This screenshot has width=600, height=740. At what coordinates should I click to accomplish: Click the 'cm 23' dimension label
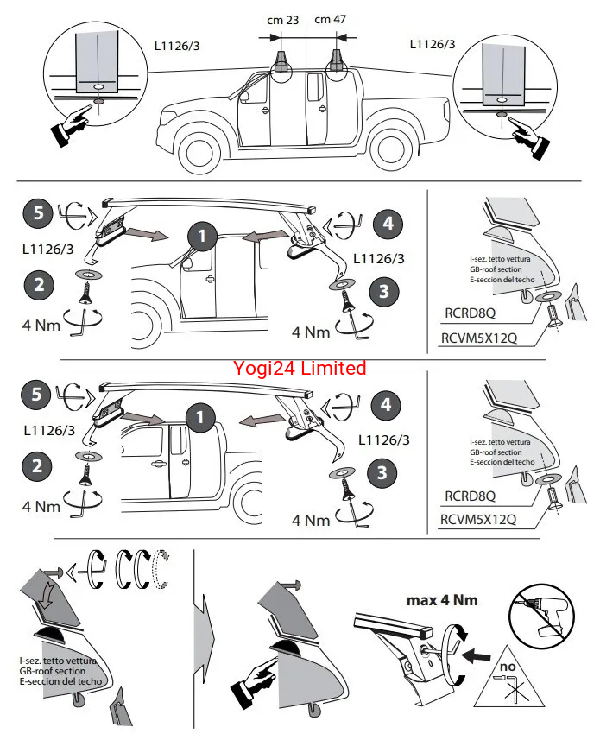pyautogui.click(x=284, y=19)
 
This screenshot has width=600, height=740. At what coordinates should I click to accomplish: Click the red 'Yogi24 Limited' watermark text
pyautogui.click(x=300, y=369)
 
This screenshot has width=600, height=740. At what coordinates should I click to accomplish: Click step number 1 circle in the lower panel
pyautogui.click(x=201, y=418)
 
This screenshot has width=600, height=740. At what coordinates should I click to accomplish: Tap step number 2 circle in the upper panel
pyautogui.click(x=37, y=286)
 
